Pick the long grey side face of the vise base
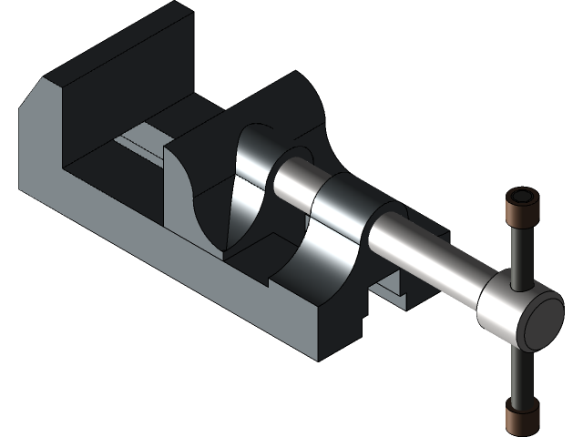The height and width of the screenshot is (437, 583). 182,273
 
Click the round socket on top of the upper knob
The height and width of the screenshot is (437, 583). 523,197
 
